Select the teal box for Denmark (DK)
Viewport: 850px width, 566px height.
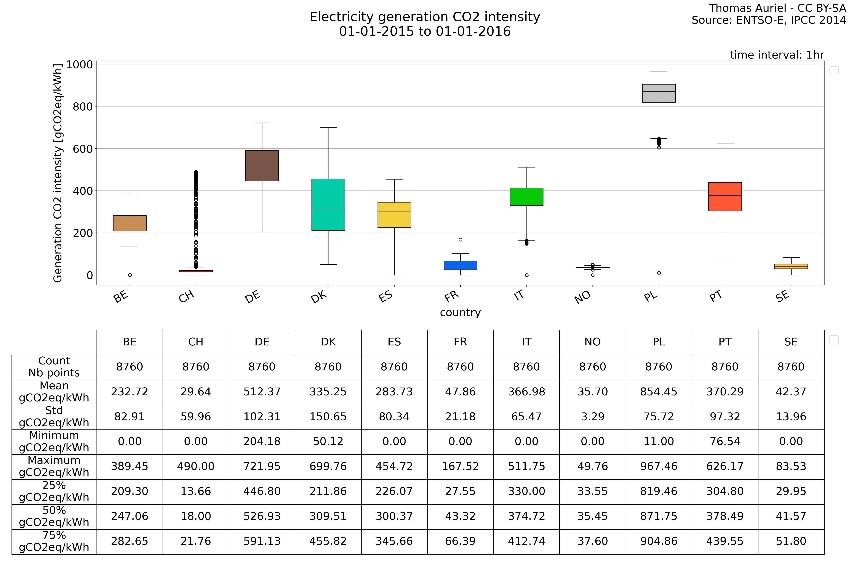[328, 204]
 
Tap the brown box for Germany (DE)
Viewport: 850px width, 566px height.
[262, 165]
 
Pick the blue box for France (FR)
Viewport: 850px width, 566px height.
[460, 265]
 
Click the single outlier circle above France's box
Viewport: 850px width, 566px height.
[460, 240]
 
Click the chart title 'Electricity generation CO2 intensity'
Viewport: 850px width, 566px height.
[425, 17]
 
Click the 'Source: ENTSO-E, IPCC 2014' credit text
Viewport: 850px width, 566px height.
[769, 20]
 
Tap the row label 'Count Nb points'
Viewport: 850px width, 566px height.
[54, 367]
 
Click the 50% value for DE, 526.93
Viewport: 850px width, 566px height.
[262, 516]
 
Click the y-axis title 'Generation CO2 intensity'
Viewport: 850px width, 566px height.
[58, 173]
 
